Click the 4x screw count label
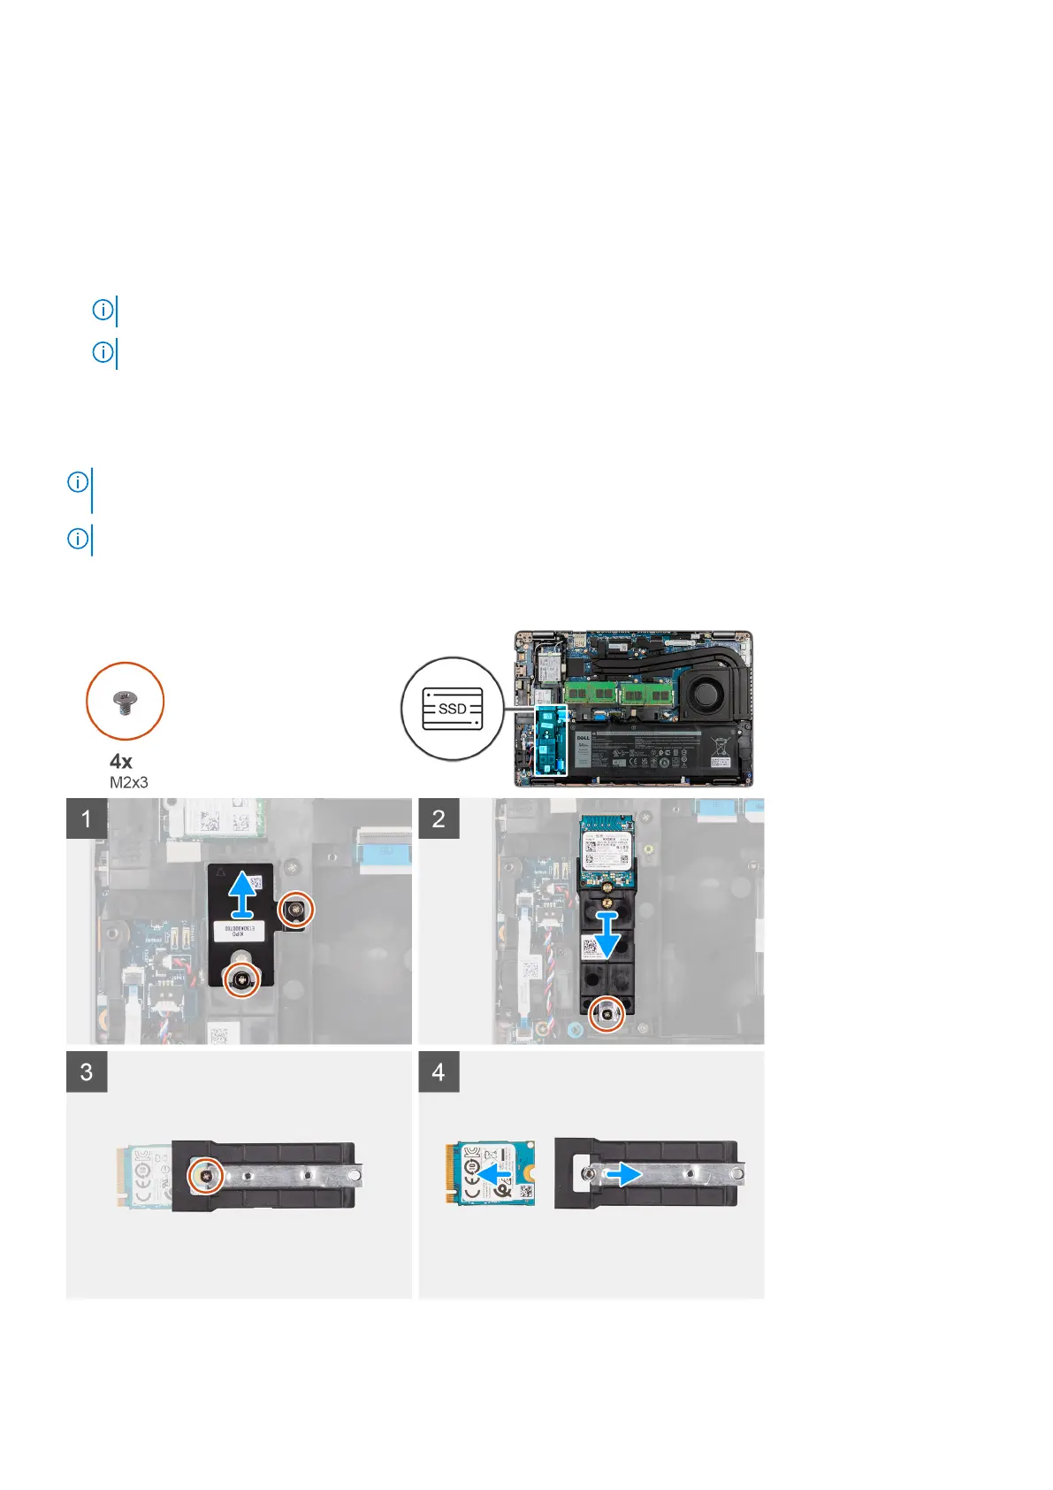[x=121, y=761]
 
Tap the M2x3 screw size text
[x=129, y=782]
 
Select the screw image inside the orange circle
[x=125, y=703]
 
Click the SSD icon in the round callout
[x=453, y=709]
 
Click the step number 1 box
[x=87, y=818]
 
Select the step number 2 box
[x=439, y=818]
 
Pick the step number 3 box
[x=87, y=1071]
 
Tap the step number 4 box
[x=439, y=1071]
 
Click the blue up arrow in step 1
[x=243, y=894]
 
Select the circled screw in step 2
[x=607, y=1013]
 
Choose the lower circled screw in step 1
[x=242, y=978]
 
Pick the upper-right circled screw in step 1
[x=294, y=909]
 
